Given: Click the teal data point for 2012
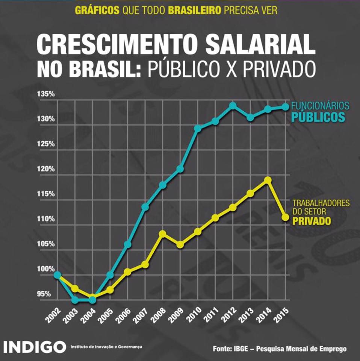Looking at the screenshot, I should point(233,106).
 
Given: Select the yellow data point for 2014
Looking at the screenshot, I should point(268,180).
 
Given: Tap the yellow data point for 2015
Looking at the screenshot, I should point(285,217).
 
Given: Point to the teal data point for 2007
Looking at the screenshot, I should point(145,207).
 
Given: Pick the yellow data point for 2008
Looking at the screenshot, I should point(163,234).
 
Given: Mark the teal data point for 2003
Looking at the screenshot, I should point(75,300).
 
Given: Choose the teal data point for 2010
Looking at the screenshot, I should point(198,129).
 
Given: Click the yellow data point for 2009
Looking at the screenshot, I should point(180,245).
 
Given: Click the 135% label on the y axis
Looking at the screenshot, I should point(46,94).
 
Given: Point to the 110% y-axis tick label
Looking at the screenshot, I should point(46,219).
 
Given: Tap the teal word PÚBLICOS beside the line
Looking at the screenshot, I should point(318,117).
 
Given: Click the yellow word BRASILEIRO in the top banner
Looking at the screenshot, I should point(194,10).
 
